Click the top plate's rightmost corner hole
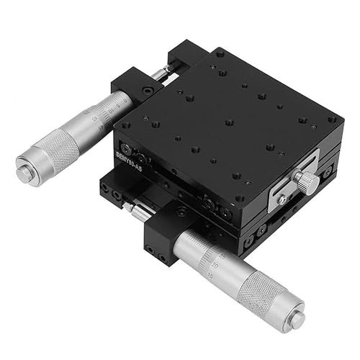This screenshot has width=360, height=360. [x=331, y=120]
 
